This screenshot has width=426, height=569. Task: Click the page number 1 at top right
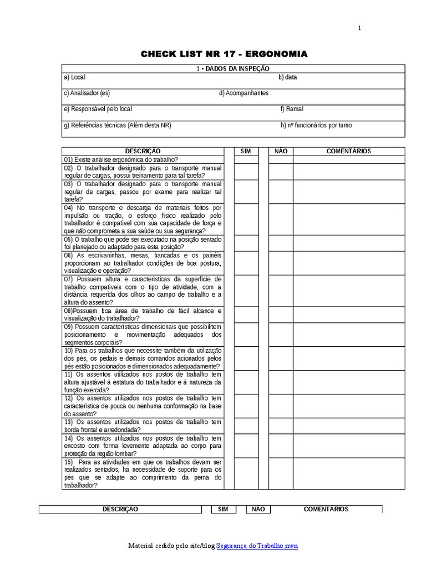click(359, 29)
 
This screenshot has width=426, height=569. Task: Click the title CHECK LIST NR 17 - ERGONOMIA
click(224, 54)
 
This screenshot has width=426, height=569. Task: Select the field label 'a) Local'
click(74, 77)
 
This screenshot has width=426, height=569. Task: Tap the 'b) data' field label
click(287, 77)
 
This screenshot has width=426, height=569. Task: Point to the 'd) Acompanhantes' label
click(244, 93)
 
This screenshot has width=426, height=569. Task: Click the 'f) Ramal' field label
click(292, 109)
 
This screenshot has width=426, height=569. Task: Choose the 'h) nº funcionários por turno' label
click(316, 125)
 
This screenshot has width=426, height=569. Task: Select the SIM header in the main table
click(246, 151)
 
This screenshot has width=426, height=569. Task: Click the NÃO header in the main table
click(281, 151)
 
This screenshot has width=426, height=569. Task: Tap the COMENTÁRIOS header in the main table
click(349, 151)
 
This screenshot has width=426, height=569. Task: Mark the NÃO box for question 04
click(281, 219)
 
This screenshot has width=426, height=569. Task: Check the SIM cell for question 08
click(246, 315)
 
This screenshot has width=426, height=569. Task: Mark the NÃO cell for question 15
click(281, 473)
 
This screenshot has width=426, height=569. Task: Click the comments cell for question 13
click(349, 426)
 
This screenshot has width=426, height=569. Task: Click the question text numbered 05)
click(143, 243)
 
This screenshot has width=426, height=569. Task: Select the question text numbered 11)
click(143, 382)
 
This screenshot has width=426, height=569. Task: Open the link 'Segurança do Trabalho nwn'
click(257, 546)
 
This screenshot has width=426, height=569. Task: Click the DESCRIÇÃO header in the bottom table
click(120, 509)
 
